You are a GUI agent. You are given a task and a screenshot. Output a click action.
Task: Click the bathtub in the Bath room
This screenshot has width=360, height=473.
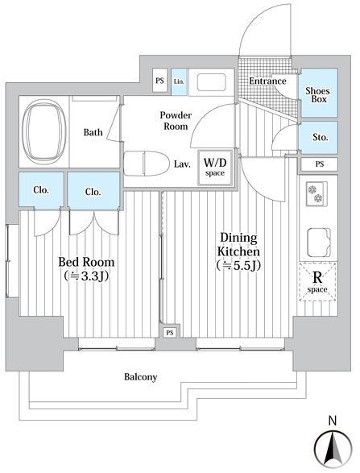tap(43, 132)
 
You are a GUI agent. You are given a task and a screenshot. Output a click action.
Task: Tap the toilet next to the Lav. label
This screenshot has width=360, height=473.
tap(146, 164)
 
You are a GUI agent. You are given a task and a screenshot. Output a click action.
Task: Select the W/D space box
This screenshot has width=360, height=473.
tap(215, 168)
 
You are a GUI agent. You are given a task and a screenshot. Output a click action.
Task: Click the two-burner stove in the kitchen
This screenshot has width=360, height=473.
tap(317, 193)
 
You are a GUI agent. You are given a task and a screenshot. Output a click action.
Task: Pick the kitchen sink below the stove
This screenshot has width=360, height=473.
tap(318, 242)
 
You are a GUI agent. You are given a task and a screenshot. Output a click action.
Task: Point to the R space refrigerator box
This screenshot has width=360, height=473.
tap(317, 282)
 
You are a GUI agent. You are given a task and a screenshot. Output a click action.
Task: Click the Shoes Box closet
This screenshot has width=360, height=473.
tap(318, 93)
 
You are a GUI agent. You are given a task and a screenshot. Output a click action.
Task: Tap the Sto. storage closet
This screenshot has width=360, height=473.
tap(318, 138)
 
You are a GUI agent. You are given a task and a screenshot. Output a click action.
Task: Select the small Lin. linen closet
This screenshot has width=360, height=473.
tap(179, 81)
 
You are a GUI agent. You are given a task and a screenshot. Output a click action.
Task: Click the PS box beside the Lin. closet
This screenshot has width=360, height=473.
tap(159, 81)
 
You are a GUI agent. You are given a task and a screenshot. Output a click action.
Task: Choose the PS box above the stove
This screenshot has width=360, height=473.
tap(319, 164)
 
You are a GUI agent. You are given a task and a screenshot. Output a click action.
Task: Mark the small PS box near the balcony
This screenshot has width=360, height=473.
tap(170, 333)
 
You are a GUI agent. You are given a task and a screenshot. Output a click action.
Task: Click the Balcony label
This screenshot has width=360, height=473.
tap(140, 377)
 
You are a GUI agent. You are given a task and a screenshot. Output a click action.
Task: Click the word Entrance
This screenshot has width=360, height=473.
tap(267, 81)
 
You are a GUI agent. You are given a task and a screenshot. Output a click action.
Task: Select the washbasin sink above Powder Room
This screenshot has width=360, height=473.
tap(211, 81)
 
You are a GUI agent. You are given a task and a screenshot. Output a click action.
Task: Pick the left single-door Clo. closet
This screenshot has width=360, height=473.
tap(41, 189)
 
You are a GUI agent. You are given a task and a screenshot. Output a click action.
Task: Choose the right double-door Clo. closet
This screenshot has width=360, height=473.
tap(93, 191)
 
